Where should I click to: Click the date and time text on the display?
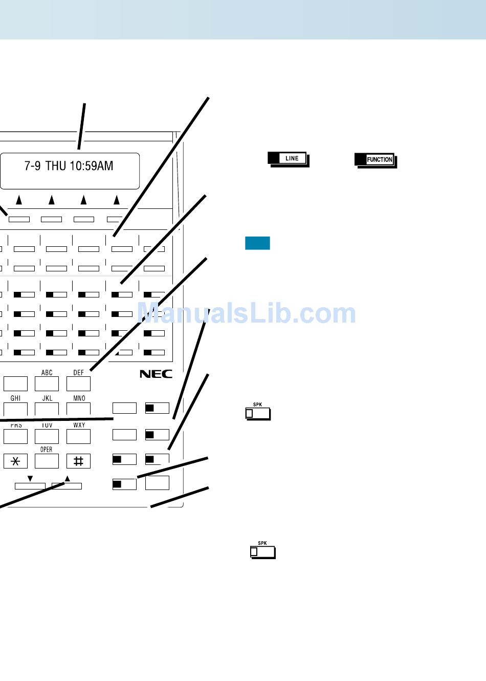[69, 166]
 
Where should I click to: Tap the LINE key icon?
[288, 159]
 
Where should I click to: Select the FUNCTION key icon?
[375, 160]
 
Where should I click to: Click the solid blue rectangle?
[257, 243]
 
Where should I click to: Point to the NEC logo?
[156, 374]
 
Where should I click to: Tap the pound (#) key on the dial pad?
[78, 461]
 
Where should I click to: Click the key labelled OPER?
[47, 461]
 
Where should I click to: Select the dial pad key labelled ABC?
[47, 384]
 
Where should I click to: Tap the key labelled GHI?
[15, 409]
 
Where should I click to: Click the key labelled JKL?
[47, 409]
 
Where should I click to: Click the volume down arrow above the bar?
[30, 479]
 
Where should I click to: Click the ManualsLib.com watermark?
[247, 313]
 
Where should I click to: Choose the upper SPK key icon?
[258, 413]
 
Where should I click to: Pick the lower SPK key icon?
[262, 551]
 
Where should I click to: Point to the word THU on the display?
[56, 166]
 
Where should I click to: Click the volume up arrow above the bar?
[67, 479]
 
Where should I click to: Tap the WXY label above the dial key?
[79, 425]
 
